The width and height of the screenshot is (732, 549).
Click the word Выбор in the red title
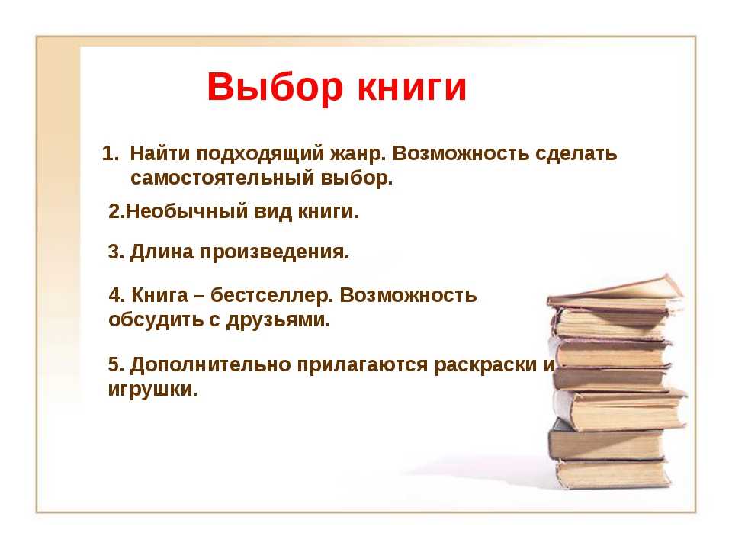click(x=275, y=87)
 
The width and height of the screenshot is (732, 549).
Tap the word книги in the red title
click(x=413, y=87)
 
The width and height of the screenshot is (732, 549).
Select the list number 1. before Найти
click(x=111, y=153)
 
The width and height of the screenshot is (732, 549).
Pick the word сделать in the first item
click(x=576, y=154)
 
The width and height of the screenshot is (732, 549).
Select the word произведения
click(x=274, y=253)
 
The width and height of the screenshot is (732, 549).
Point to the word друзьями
click(x=278, y=321)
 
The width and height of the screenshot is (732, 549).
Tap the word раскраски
click(x=486, y=365)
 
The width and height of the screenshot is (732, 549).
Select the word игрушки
click(x=152, y=390)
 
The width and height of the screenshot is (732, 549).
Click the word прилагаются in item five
click(x=362, y=365)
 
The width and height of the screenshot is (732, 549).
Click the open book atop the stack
click(x=615, y=294)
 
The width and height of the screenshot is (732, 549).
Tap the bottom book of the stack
click(x=613, y=474)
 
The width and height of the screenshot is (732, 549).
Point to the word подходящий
click(x=259, y=155)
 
